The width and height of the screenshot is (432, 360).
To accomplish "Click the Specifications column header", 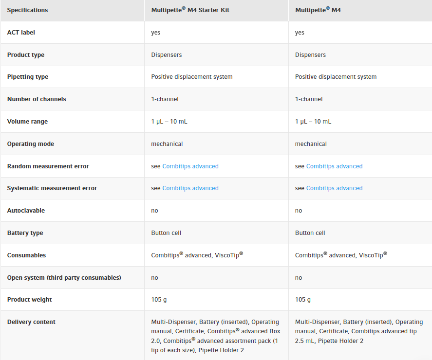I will [x=27, y=10].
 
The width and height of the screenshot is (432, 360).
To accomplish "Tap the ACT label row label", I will [x=21, y=33].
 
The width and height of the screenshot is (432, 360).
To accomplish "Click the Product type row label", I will [x=26, y=55].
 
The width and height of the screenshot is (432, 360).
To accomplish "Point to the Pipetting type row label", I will [x=28, y=77].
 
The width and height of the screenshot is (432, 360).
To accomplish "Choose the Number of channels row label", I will [x=37, y=99].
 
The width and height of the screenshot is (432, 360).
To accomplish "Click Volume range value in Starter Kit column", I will [x=169, y=122].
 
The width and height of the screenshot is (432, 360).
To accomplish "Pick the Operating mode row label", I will [x=31, y=144].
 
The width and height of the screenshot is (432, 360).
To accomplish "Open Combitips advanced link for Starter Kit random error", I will [x=190, y=166].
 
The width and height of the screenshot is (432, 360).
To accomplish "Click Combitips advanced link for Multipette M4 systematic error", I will [x=334, y=188].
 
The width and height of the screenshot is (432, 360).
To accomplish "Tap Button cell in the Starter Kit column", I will [x=166, y=233].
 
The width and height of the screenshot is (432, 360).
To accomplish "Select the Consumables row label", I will [x=26, y=255].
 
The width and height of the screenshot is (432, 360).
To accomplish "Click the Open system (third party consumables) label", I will [x=64, y=278].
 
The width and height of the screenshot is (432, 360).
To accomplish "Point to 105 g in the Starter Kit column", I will [x=159, y=300].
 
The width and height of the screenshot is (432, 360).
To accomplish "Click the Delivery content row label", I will [x=31, y=322].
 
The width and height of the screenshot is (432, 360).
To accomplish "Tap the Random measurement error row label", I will [x=48, y=166].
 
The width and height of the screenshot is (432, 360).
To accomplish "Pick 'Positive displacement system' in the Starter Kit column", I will [x=192, y=77].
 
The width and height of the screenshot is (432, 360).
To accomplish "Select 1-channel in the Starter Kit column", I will [x=165, y=99].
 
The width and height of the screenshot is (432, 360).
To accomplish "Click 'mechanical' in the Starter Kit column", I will [x=167, y=144].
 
